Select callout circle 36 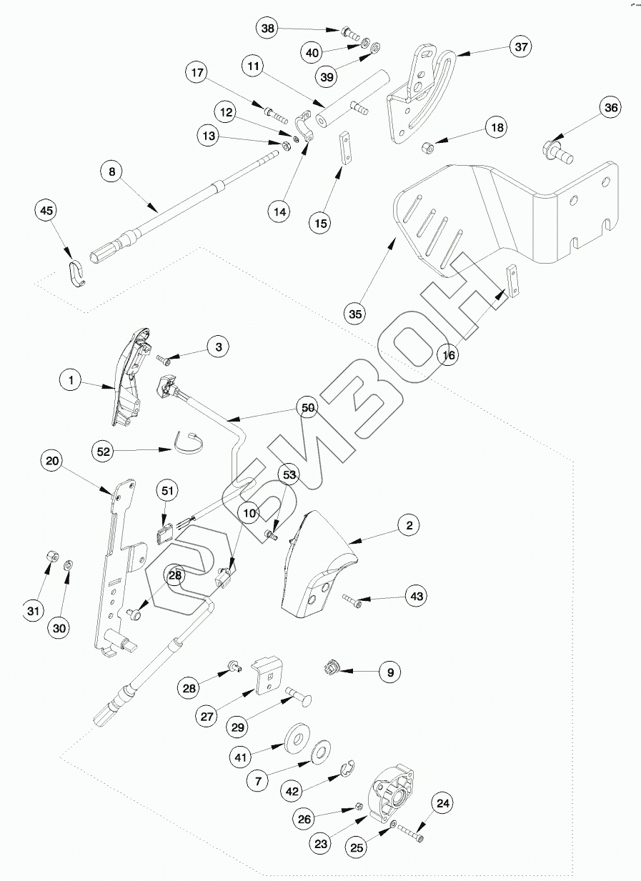coord(611,108)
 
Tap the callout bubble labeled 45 coord(46,211)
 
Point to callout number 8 coord(111,171)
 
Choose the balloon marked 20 coord(52,461)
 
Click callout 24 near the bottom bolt coord(443,803)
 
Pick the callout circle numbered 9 coord(389,672)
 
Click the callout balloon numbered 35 coord(355,313)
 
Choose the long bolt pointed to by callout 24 coord(409,833)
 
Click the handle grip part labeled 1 coord(130,379)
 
